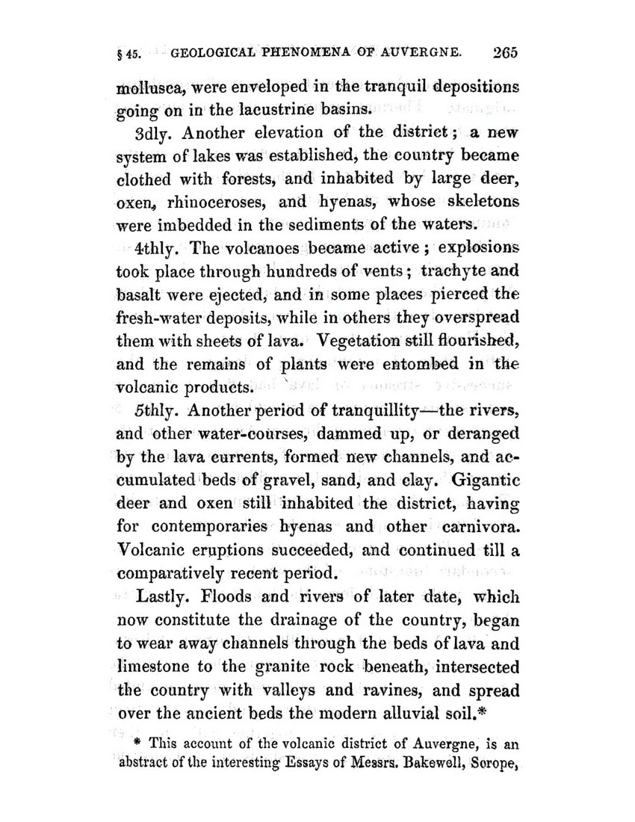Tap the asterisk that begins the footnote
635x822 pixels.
pos(138,744)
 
